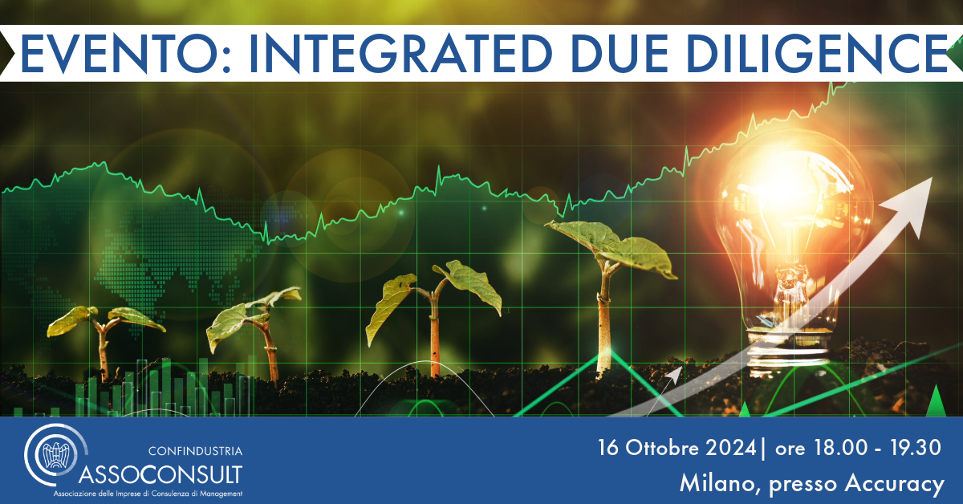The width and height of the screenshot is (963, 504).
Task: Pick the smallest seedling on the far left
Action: tap(104, 339)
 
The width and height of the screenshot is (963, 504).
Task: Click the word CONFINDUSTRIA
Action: tap(195, 451)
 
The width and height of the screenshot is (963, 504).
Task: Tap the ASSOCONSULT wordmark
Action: tap(160, 475)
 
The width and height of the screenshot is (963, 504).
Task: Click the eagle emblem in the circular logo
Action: tap(56, 455)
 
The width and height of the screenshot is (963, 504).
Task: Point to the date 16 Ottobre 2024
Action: tap(677, 448)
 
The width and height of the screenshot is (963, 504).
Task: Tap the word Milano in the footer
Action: tap(718, 484)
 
